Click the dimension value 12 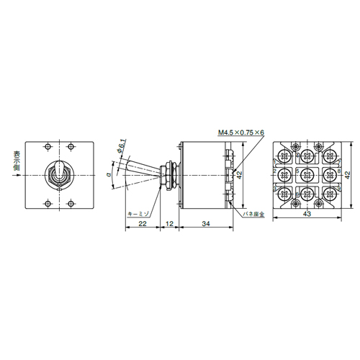coord(169,223)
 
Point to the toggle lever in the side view coord(140,169)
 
